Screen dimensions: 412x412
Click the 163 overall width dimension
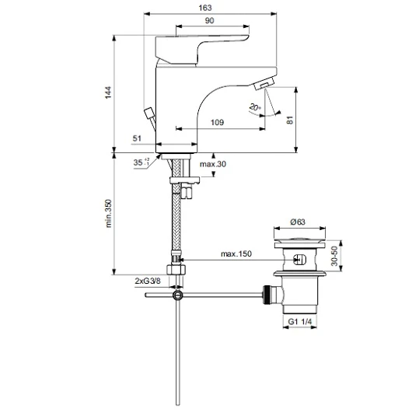coord(205,8)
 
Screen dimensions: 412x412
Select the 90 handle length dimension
coord(209,20)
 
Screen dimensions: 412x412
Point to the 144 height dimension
coord(108,93)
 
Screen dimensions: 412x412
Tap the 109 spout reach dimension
coord(218,123)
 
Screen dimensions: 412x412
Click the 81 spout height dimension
coord(289,120)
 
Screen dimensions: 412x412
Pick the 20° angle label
coord(255,107)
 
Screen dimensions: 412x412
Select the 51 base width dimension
coord(137,138)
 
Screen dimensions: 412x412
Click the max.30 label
coord(213,164)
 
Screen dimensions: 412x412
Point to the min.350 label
coord(109,213)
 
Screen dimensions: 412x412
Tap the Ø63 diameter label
coord(298,222)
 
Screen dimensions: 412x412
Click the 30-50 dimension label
coord(334,256)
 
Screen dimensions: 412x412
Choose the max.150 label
coord(236,254)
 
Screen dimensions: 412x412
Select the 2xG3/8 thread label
coord(148,281)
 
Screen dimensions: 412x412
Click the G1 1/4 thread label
coord(300,322)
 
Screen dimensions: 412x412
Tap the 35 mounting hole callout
coord(141,162)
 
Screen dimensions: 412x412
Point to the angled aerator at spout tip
coord(264,83)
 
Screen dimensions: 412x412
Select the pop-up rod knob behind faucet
coord(149,113)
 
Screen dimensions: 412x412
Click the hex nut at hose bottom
coord(176,270)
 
